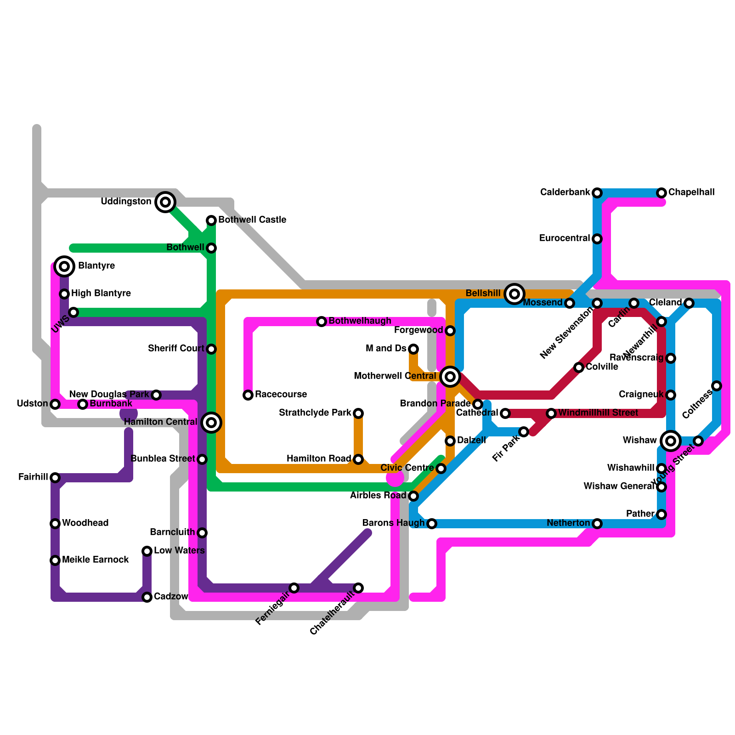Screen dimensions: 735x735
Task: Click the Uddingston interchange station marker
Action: coord(165,202)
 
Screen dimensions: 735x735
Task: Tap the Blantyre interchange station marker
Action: coord(64,266)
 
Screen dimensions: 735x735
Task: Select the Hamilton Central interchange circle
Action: coord(211,422)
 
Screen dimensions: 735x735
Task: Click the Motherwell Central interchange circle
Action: coord(450,376)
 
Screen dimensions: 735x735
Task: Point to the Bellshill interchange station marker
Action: coord(514,294)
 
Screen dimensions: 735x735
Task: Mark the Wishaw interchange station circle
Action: coord(671,441)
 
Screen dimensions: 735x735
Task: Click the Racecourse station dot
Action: coord(248,395)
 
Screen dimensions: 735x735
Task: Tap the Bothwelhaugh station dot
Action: coord(322,322)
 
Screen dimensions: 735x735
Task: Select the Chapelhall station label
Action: coord(691,192)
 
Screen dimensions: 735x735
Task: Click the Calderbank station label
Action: coord(565,192)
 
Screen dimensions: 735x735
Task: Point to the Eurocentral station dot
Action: coord(597,239)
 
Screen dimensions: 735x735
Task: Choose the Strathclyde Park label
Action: coord(315,413)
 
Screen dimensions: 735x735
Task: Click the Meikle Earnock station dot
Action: coord(55,560)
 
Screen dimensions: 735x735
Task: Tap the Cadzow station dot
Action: coord(147,597)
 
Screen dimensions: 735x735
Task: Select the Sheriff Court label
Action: coord(176,348)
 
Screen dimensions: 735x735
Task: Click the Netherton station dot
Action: coord(597,524)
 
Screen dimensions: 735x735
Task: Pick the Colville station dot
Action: coord(579,367)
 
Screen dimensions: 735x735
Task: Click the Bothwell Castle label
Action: coord(252,220)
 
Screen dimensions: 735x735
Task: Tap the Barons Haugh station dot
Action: coord(432,524)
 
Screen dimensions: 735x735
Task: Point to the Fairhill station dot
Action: coord(55,478)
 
